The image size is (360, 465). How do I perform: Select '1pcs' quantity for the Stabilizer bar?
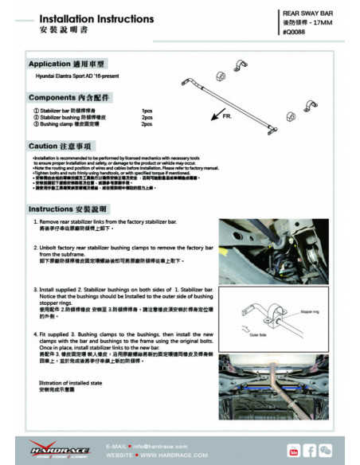(x=147, y=111)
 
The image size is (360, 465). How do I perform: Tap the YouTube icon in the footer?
(x=294, y=451)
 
